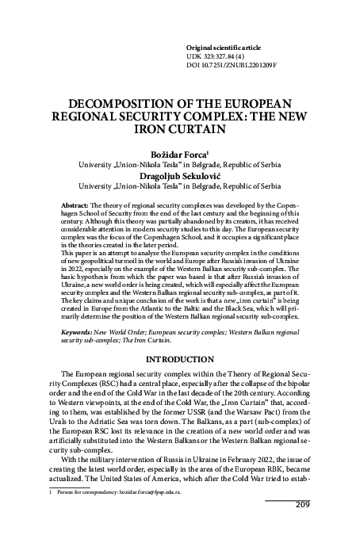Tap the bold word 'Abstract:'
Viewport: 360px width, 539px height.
click(78, 205)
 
